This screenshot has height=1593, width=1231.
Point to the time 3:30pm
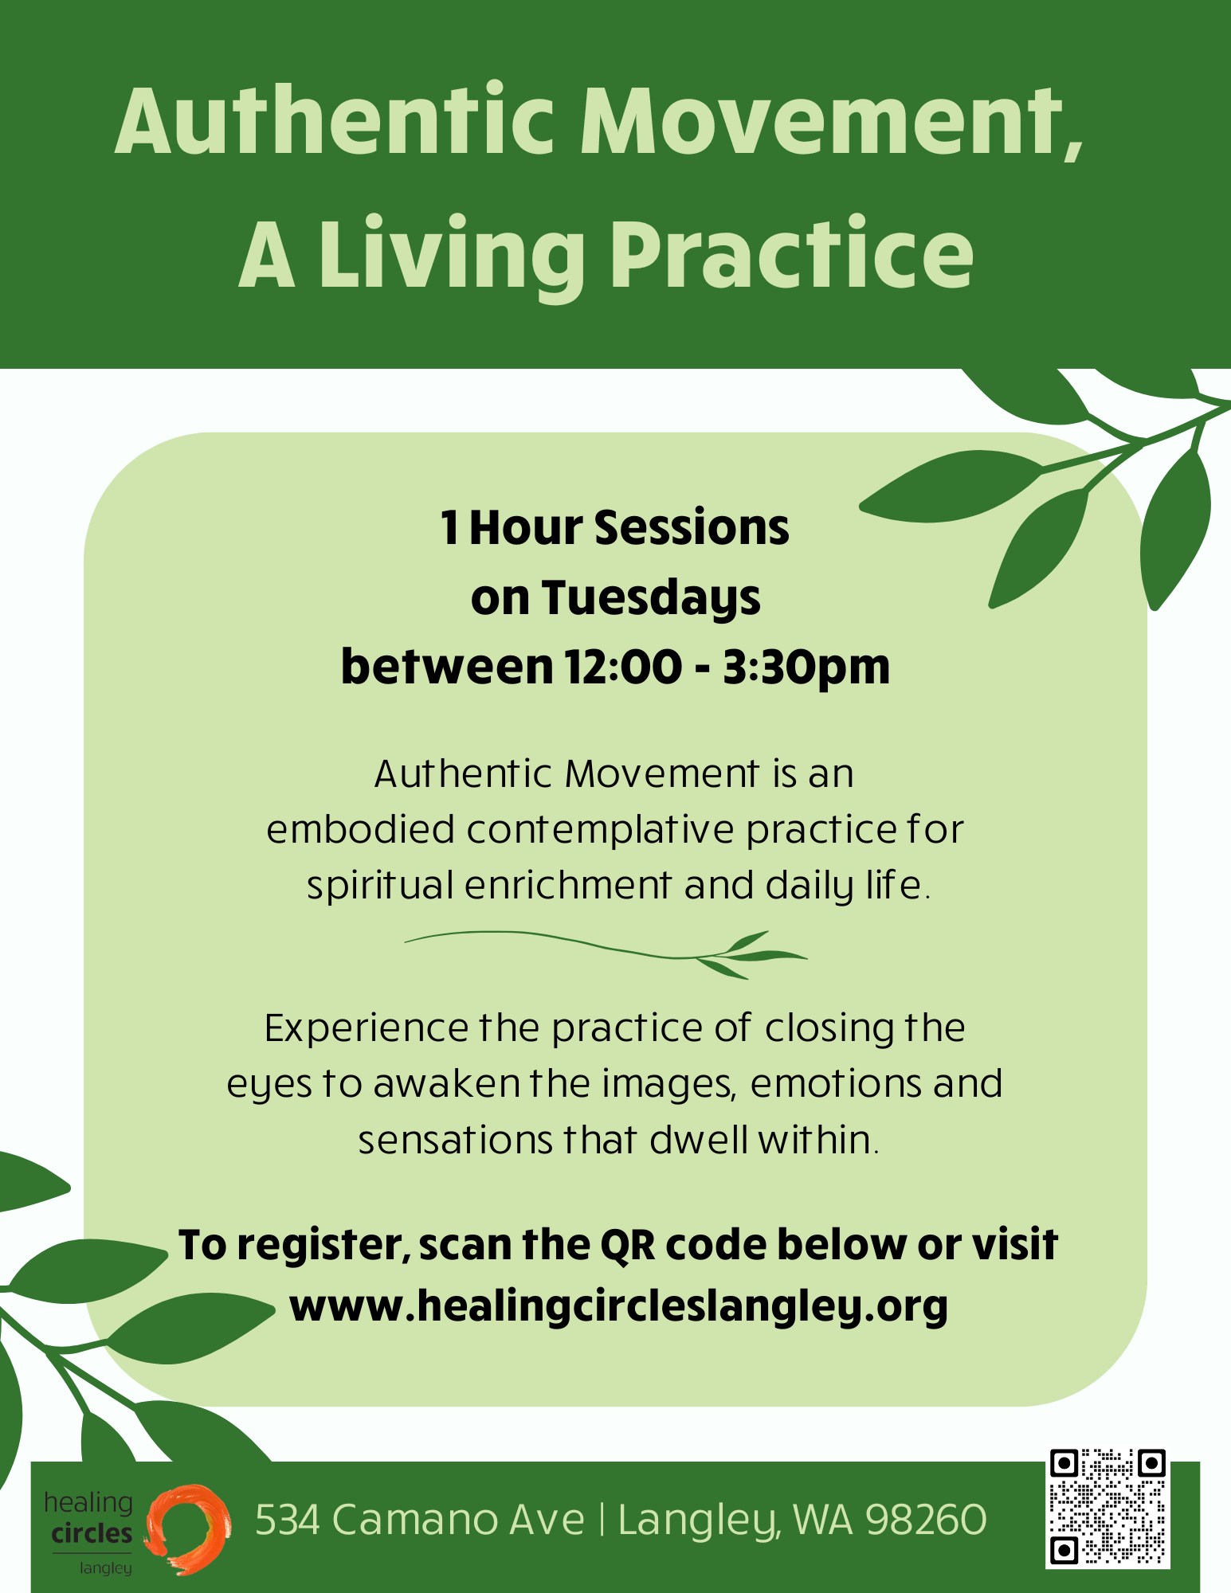point(806,667)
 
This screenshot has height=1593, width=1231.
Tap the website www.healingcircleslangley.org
point(618,1305)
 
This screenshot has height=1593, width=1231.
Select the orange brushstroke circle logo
point(188,1528)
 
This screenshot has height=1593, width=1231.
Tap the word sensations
point(455,1141)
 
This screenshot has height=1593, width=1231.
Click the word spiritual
point(380,887)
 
